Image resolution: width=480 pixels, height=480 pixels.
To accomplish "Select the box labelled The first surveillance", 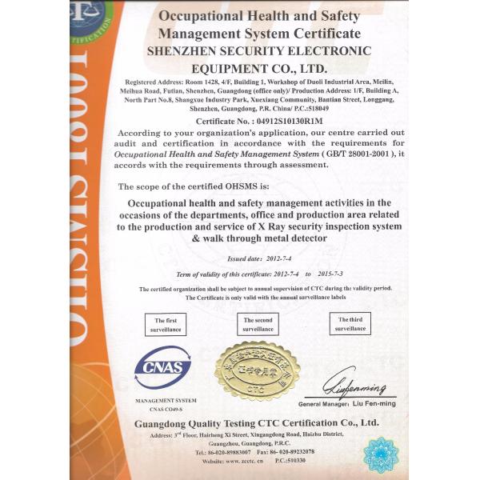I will tap(166, 324).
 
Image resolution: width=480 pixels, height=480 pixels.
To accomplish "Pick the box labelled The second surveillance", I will tap(258, 324).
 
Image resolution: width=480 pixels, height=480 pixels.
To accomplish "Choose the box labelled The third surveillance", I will tap(350, 324).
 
